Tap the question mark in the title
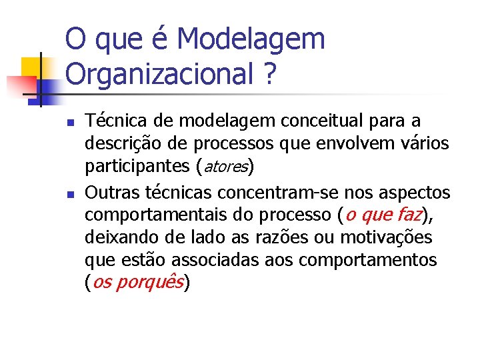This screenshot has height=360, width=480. pyautogui.click(x=269, y=74)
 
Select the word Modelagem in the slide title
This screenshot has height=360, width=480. pyautogui.click(x=252, y=39)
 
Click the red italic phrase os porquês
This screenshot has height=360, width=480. pyautogui.click(x=137, y=283)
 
